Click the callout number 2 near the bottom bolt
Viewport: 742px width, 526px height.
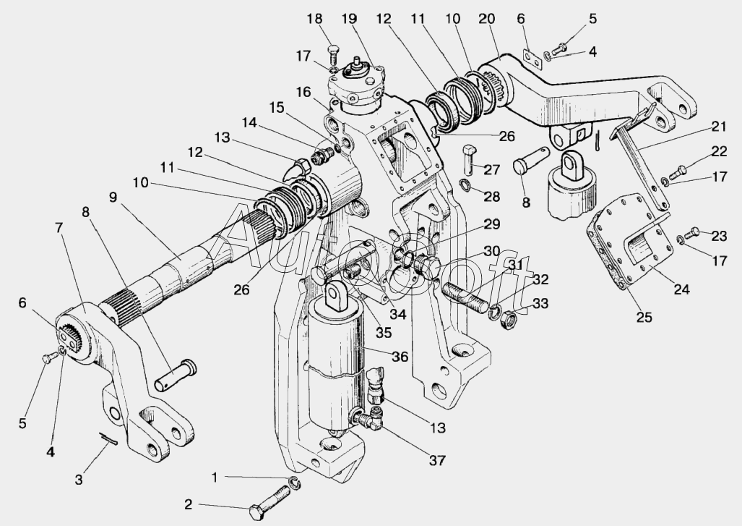point(188,505)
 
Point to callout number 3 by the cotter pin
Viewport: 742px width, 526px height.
point(79,478)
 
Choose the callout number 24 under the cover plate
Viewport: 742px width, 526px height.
point(681,289)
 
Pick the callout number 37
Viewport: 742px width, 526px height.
point(437,459)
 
